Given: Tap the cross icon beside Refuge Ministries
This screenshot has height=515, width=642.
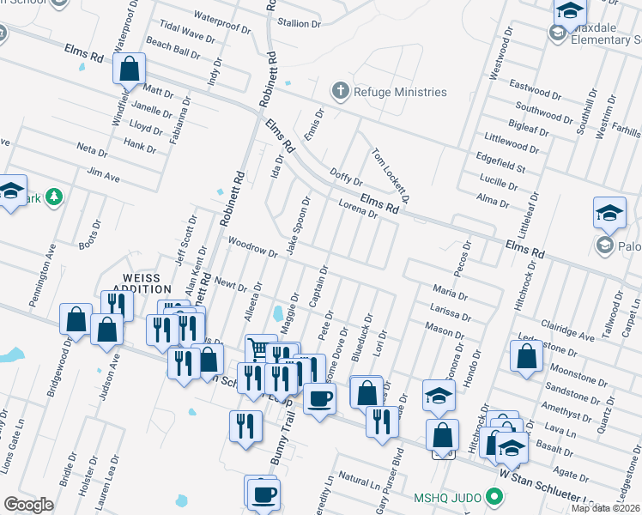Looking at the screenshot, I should pyautogui.click(x=340, y=91).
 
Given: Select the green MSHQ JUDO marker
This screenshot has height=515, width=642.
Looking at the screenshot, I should pyautogui.click(x=494, y=496).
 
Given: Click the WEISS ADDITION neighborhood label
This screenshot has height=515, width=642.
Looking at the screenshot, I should pyautogui.click(x=148, y=283).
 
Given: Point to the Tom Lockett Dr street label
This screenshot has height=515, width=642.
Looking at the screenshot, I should pyautogui.click(x=391, y=175).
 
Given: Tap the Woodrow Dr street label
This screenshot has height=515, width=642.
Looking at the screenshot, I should pyautogui.click(x=252, y=248).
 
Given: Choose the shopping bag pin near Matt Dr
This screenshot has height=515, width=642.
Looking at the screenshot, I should pyautogui.click(x=129, y=69).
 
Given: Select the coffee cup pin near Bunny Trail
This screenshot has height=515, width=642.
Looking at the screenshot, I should pyautogui.click(x=319, y=398).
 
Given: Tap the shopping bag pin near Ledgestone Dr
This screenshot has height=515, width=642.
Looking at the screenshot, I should pyautogui.click(x=526, y=355).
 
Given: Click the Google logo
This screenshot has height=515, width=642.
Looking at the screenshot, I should pyautogui.click(x=29, y=504).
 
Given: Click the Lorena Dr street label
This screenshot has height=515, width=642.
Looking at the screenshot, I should pyautogui.click(x=358, y=209).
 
